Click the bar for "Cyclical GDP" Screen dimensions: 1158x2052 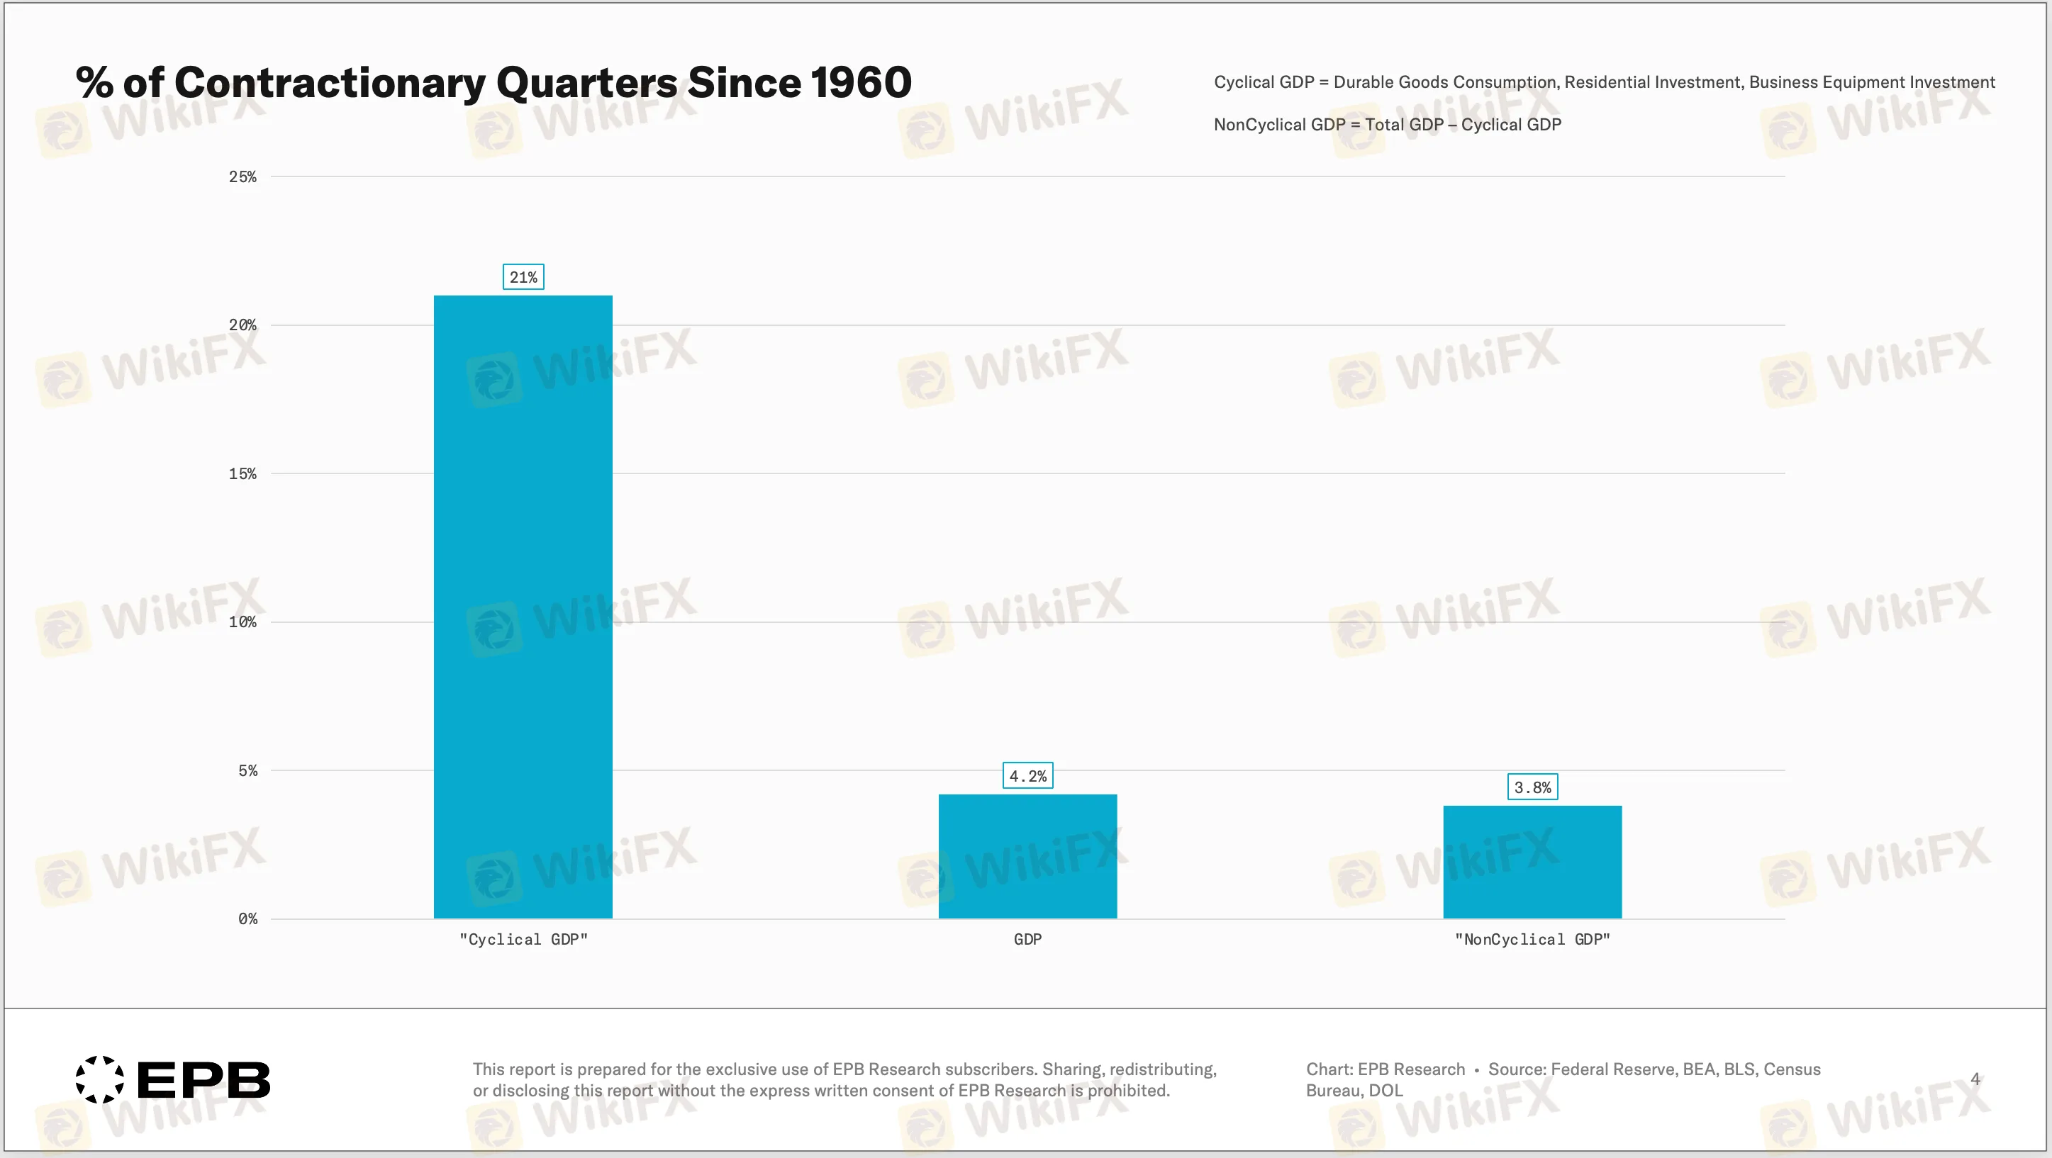523,605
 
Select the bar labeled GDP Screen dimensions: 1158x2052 1027,856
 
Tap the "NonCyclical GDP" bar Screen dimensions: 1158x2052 1531,862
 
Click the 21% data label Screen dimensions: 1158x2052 523,277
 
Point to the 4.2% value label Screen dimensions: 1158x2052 1027,776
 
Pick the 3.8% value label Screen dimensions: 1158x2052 1532,787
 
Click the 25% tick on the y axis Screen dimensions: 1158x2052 242,176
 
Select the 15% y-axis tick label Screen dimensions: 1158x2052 242,474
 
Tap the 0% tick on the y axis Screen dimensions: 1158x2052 247,919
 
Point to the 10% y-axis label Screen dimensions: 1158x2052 242,622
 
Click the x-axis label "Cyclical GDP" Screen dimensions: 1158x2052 523,940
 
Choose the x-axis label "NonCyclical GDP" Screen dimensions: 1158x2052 1532,940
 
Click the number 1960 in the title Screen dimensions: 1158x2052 860,83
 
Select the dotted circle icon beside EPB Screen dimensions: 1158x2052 99,1080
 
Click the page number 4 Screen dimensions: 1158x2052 1975,1079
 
